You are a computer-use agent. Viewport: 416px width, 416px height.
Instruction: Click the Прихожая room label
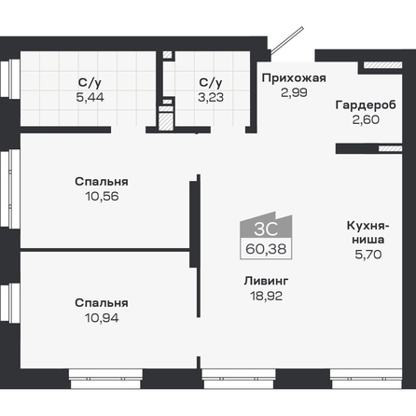294,78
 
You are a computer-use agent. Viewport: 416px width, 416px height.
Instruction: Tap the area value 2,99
294,92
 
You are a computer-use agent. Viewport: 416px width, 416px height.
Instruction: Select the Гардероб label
366,105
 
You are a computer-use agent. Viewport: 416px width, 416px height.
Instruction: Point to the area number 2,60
366,119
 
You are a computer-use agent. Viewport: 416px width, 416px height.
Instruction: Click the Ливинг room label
267,281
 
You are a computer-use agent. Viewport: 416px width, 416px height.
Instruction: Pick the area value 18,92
267,296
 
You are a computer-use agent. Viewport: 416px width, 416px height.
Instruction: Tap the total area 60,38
266,249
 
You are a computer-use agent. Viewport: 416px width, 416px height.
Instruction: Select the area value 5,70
368,255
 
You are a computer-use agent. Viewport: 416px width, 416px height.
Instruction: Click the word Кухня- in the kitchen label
367,226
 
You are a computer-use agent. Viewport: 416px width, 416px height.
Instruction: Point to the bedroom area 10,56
102,197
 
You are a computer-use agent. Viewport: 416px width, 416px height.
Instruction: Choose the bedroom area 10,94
102,318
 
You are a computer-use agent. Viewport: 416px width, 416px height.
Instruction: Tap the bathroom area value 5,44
90,97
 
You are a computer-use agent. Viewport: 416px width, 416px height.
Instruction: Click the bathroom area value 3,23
211,97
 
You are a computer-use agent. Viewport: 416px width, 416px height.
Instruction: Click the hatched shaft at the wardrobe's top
382,65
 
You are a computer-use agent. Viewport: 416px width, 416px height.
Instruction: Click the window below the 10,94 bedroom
105,379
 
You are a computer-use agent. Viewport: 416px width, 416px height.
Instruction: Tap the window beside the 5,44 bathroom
10,79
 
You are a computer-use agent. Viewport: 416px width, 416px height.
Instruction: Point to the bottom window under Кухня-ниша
367,379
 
